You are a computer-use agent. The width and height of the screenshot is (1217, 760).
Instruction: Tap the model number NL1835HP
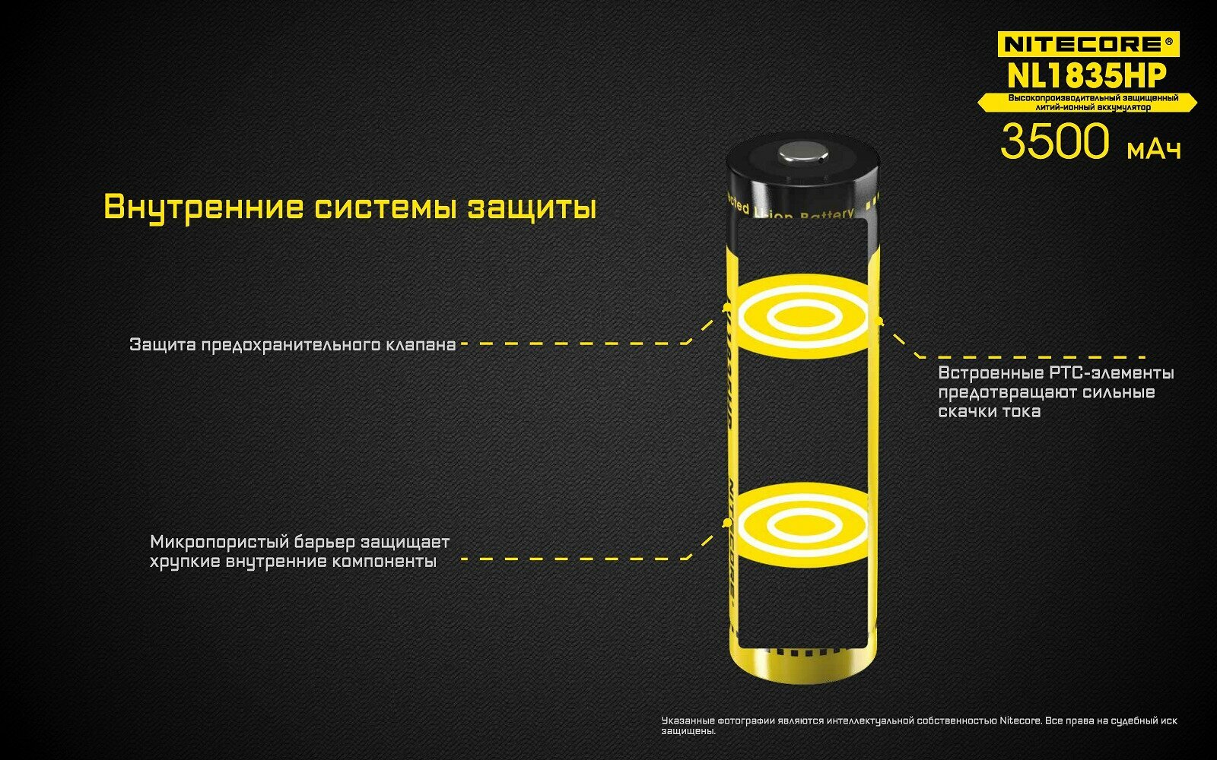pyautogui.click(x=1087, y=75)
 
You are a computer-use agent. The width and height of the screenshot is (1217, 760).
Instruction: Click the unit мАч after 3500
pyautogui.click(x=1154, y=150)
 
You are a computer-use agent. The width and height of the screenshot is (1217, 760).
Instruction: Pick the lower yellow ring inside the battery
pyautogui.click(x=802, y=524)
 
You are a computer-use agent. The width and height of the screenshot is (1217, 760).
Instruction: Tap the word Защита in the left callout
pyautogui.click(x=162, y=344)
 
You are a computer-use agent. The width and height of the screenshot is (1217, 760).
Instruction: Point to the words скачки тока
pyautogui.click(x=989, y=411)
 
